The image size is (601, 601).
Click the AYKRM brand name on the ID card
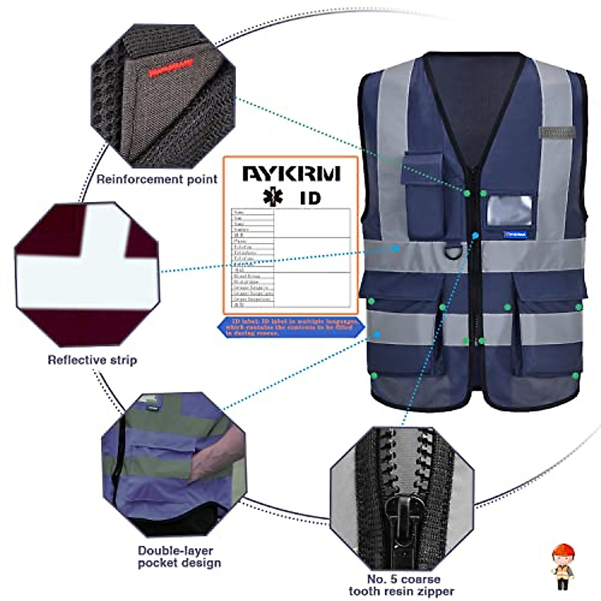(291, 173)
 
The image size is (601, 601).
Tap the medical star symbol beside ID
(273, 197)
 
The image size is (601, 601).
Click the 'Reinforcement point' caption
(157, 179)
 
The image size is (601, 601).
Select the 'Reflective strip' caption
(92, 360)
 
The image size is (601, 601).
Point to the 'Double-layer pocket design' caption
(179, 556)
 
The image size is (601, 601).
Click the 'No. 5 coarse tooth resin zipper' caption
(402, 585)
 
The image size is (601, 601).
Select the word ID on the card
(310, 198)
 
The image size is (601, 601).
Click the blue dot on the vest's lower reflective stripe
(377, 334)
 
